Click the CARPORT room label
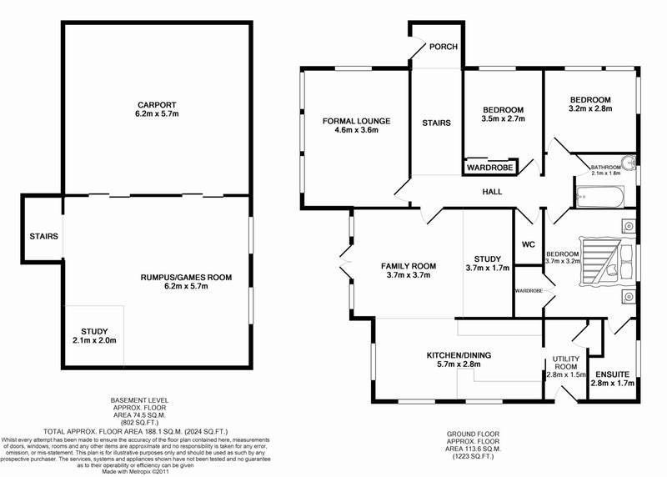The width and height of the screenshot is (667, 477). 157,104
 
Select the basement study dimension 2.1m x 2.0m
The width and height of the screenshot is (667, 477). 93,339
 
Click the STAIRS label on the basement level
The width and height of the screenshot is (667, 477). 42,236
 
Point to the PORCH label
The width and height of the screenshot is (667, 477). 443,47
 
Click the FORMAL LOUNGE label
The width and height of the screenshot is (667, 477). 356,121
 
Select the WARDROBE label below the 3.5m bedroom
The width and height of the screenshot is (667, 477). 489,168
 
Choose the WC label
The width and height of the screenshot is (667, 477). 527,245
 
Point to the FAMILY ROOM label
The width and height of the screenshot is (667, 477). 409,266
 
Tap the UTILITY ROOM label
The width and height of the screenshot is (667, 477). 566,363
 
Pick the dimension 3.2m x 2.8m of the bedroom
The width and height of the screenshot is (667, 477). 590,108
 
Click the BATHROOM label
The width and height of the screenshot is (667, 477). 606,167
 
